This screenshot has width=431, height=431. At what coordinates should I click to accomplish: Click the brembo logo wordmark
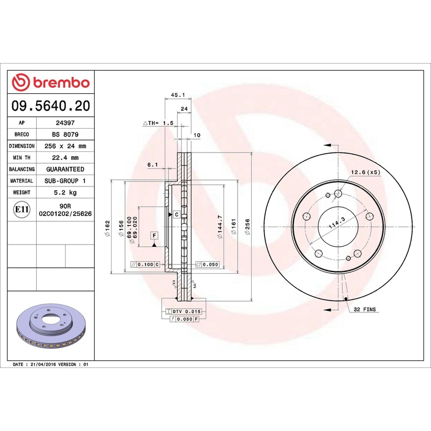click(51, 83)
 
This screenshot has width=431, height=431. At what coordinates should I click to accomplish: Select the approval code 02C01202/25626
click(65, 214)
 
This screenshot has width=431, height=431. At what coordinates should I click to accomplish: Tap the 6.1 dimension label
click(152, 165)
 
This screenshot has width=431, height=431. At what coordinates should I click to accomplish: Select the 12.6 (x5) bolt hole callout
click(366, 172)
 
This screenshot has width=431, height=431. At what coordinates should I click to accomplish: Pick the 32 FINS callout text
click(365, 310)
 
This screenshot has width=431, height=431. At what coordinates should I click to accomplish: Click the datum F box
click(154, 235)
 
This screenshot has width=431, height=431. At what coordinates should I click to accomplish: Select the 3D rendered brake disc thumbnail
click(51, 329)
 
